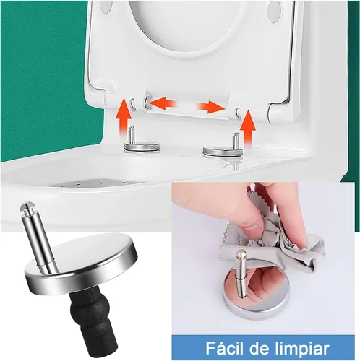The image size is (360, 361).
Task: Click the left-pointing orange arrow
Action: pos(163,103)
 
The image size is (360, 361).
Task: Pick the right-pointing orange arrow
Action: pos(211,107)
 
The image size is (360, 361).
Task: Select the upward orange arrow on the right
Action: pos(248,129)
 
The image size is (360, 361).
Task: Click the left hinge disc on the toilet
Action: pos(142,147)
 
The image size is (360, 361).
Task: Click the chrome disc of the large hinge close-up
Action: pos(81,260)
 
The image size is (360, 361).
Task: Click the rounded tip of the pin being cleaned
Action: pos(240,253)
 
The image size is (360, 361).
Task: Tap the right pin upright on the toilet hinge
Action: pos(236,141)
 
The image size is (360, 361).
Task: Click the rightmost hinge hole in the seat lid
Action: pos(239,112)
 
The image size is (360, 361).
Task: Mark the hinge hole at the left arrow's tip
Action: pos(147,103)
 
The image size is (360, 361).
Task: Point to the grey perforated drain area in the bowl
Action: pos(96,183)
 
